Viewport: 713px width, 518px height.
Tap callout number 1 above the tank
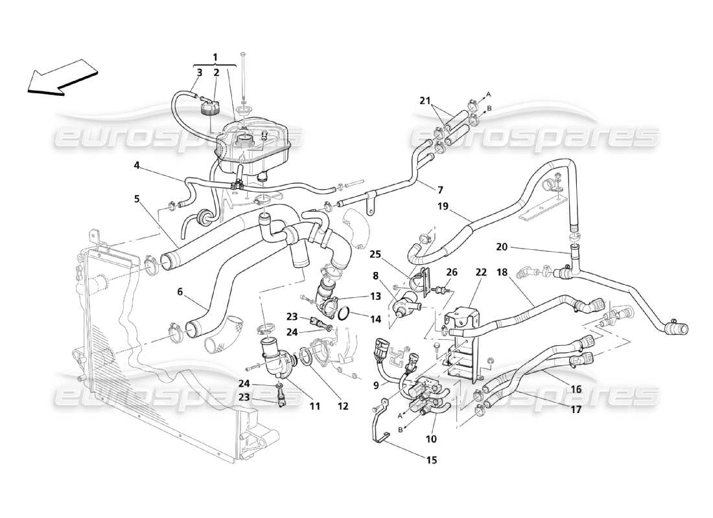pos(215,56)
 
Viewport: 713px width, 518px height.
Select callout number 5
pos(137,199)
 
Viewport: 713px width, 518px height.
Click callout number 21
pos(425,100)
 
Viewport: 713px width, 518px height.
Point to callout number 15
pos(432,460)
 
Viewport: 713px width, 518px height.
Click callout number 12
pos(343,406)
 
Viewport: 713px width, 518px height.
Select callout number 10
pos(431,438)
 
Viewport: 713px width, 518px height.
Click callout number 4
pos(137,165)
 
